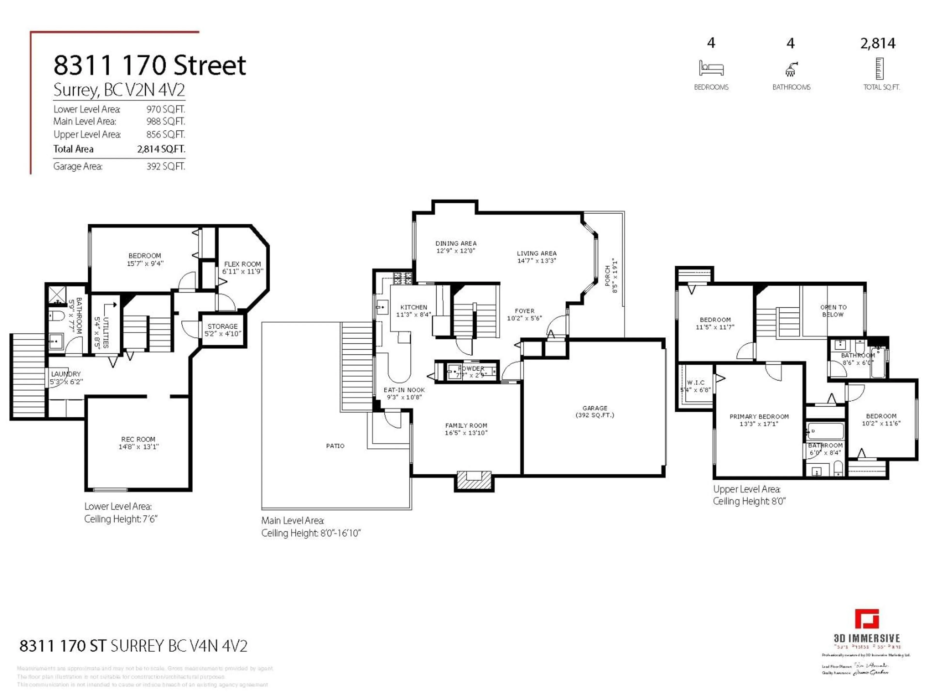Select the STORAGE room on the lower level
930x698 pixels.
[x=222, y=330]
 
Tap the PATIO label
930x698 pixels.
[x=335, y=445]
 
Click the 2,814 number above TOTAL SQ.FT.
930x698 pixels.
[x=878, y=43]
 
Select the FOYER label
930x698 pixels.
[x=524, y=311]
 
